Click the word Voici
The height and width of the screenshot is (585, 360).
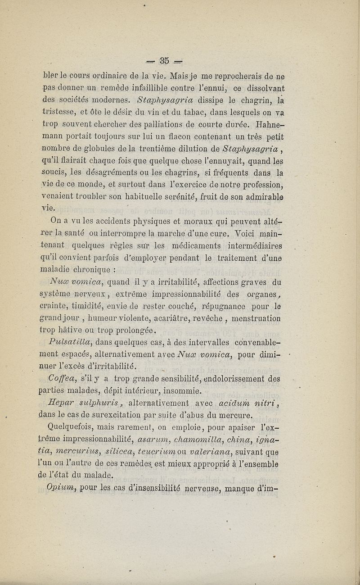click(x=249, y=233)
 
